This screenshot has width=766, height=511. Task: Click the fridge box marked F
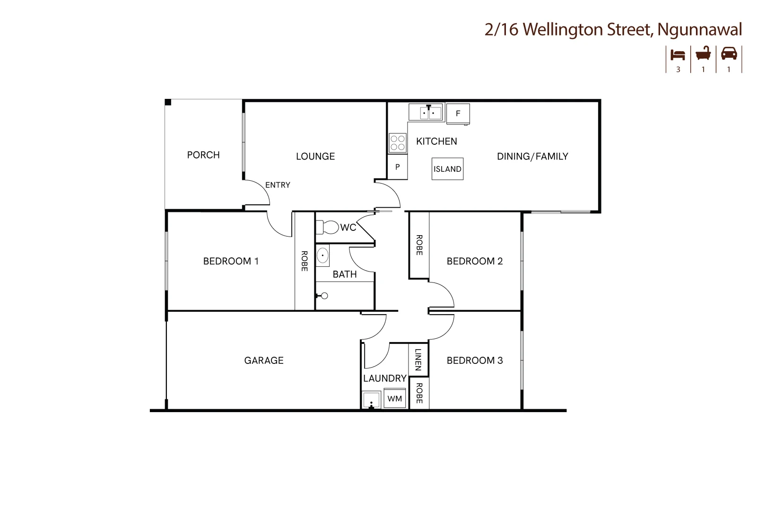click(x=458, y=114)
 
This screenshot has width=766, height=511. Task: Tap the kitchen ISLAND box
click(x=447, y=169)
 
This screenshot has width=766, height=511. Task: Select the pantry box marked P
click(x=398, y=167)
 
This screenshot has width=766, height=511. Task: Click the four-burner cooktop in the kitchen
click(x=398, y=143)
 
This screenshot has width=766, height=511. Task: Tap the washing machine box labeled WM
click(x=395, y=398)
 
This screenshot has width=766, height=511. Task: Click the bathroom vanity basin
click(x=322, y=255)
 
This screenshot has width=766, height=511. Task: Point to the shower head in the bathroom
click(x=324, y=296)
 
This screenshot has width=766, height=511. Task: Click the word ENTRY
click(x=278, y=185)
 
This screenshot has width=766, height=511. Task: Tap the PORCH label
click(x=203, y=155)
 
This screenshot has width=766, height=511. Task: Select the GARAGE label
click(x=264, y=361)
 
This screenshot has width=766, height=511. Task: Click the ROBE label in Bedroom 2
click(x=419, y=245)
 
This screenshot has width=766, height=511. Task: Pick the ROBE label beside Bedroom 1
click(x=305, y=261)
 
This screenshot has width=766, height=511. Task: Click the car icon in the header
click(x=729, y=53)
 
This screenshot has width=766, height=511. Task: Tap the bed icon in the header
click(x=678, y=54)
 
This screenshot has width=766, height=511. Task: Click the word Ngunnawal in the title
click(x=700, y=29)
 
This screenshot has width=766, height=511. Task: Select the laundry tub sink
click(x=372, y=400)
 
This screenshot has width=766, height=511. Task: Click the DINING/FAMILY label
click(x=532, y=157)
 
